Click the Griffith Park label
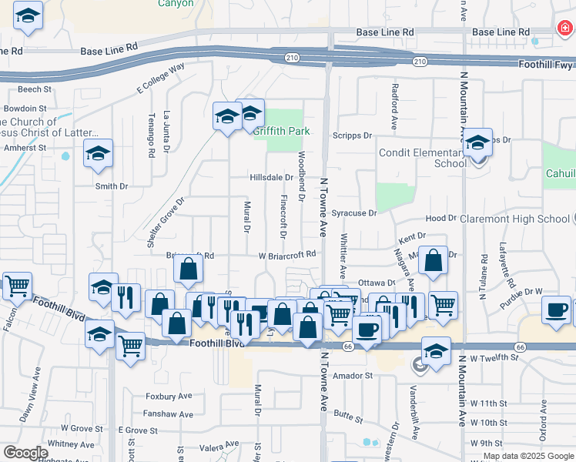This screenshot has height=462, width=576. pos(284,131)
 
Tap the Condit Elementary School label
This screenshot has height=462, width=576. pos(428,158)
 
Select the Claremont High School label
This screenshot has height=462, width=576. pos(514,219)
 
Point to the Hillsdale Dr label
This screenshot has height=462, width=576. pos(271,177)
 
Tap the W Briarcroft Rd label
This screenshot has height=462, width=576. pos(287,254)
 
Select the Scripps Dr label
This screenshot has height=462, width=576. pos(352,136)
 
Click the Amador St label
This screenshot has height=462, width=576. pos(353,376)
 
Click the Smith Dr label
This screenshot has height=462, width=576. pos(112,186)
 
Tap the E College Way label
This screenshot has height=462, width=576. pos(161,79)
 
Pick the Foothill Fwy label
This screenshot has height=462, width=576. pos(547,65)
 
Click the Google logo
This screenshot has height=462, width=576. pos(25,453)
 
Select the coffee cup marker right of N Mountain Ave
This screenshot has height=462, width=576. pos(556,310)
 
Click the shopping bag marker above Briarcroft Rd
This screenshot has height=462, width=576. pos(189,269)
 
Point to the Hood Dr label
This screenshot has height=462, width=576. pos(441,219)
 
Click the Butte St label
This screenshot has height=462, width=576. pos(348,417)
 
